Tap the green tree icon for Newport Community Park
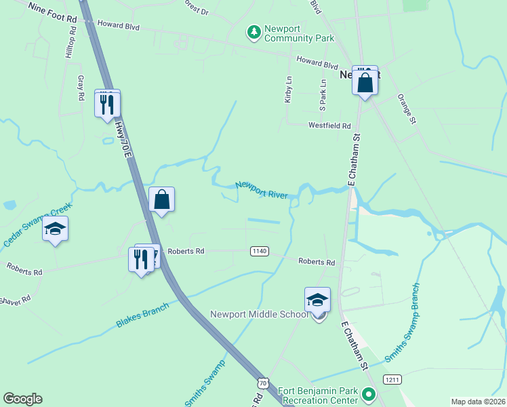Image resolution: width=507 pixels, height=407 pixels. pos(254,32)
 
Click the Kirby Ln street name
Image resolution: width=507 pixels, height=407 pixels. pos(288,89)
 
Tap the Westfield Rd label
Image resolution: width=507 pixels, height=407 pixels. pos(329,125)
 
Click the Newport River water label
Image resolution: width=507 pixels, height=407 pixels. pos(262,189)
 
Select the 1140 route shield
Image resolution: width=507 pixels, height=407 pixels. pos(259,251)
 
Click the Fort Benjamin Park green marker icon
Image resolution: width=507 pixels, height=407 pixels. pos(368,393)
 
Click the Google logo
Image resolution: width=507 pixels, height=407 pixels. pos(22,399)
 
